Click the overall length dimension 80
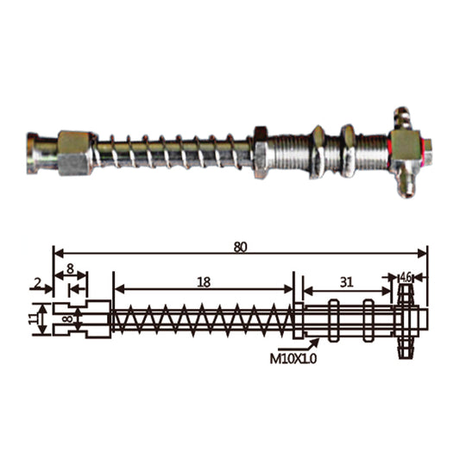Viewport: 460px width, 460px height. coord(240,246)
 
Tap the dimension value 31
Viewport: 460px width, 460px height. coord(345,281)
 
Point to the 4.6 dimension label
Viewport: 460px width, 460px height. coord(406,277)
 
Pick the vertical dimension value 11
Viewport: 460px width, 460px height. coord(35,318)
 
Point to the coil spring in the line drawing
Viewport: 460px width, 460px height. coord(202,320)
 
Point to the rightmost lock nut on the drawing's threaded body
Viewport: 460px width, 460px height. coord(368,318)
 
